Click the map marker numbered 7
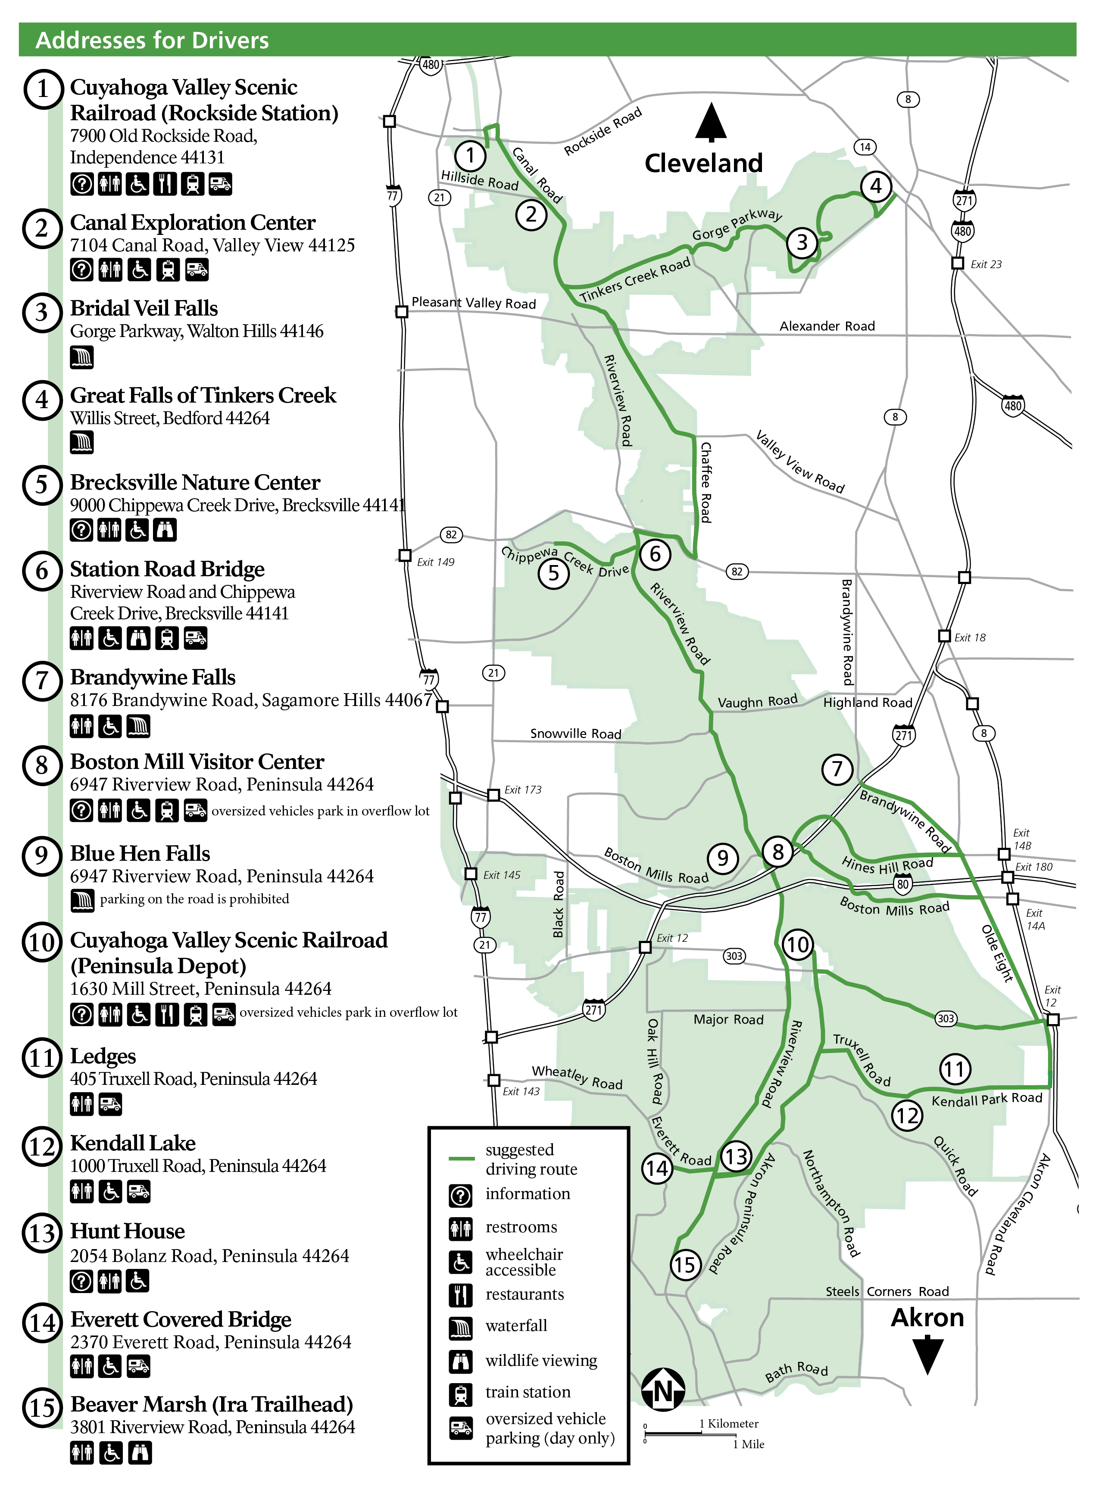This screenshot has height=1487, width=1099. pos(837,769)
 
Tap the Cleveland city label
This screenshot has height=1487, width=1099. pos(703,163)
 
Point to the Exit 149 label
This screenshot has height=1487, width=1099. pos(435,562)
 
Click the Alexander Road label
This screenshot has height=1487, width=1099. pos(827,326)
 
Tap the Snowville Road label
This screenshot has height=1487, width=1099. pos(575,733)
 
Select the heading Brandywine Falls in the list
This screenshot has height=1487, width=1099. pos(153,677)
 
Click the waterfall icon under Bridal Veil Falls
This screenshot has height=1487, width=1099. pos(82,357)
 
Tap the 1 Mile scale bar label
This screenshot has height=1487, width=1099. pos(749,1444)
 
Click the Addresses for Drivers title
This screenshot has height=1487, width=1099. pos(152,41)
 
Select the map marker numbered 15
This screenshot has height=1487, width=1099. pos(685,1264)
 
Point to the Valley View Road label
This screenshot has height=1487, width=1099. pos(799,462)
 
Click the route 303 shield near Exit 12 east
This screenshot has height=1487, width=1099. pos(945,1018)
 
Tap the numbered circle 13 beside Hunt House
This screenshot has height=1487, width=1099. pos(42,1233)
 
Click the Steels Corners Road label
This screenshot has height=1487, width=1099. pos(887,1291)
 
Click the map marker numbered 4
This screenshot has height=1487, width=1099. pos(875,186)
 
